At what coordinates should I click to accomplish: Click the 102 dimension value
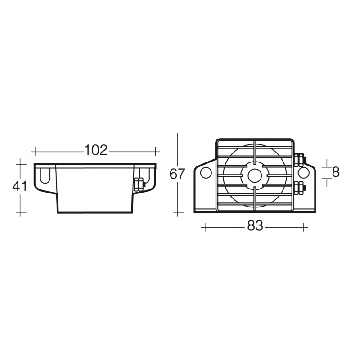[x=96, y=150]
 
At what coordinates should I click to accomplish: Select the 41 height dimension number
[x=20, y=186]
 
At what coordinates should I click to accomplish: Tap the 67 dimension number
[x=178, y=174]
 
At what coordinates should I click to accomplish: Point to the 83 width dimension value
[x=255, y=227]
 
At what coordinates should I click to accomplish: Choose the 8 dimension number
[x=335, y=172]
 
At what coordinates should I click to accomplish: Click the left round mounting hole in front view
[x=206, y=173]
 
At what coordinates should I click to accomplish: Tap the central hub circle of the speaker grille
[x=254, y=174]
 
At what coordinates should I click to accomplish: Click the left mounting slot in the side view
[x=45, y=175]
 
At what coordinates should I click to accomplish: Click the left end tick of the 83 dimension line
[x=205, y=227]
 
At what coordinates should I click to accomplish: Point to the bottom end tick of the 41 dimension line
[x=20, y=211]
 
